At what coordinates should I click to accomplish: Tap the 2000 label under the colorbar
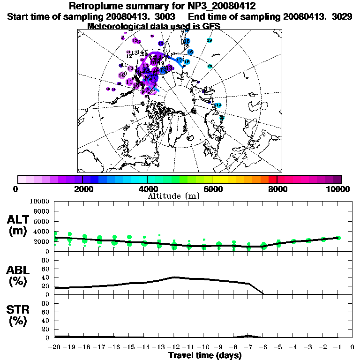coord(82,189)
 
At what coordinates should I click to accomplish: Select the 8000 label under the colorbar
coord(277,189)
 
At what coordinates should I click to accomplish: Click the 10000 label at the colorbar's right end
coord(338,189)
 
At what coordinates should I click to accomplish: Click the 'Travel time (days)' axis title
coord(205,355)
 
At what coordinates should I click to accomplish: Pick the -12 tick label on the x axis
coord(174,347)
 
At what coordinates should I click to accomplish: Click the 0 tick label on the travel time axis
coord(352,347)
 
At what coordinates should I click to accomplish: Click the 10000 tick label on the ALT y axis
coord(40,201)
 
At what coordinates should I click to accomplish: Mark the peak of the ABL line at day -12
coord(174,277)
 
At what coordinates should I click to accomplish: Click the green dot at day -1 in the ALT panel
coord(338,238)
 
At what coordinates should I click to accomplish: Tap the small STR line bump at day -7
coord(248,336)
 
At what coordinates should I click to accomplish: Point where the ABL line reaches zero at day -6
coord(263,294)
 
